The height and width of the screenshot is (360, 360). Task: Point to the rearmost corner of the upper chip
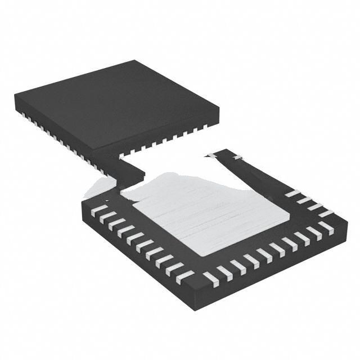(x=136, y=61)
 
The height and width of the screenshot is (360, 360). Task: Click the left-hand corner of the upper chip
(x=16, y=99)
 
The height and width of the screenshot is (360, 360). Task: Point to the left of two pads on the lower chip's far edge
(x=211, y=155)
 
